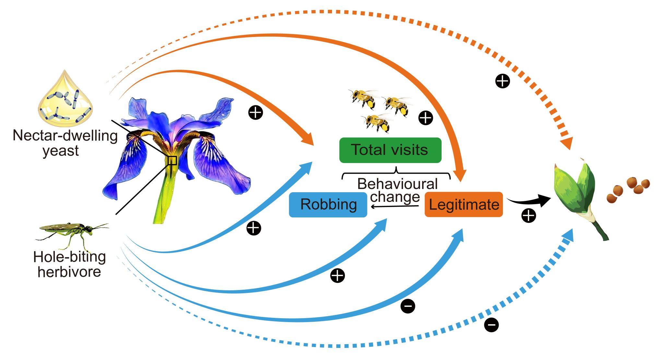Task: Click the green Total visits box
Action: click(x=390, y=150)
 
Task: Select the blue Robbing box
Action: click(x=328, y=204)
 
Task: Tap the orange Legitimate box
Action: click(x=464, y=204)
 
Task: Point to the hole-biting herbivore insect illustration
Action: click(x=72, y=232)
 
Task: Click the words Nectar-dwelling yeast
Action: click(x=65, y=143)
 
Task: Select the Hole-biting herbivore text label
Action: click(x=69, y=264)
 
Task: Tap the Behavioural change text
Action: click(x=397, y=190)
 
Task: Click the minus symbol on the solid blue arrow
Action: click(x=408, y=306)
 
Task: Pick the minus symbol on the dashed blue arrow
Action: click(x=492, y=325)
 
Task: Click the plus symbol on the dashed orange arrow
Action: click(x=503, y=81)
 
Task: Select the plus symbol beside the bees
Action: click(x=426, y=118)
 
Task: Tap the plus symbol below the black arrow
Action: click(x=528, y=215)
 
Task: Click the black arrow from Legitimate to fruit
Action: click(x=528, y=201)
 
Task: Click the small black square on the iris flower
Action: click(x=172, y=160)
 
